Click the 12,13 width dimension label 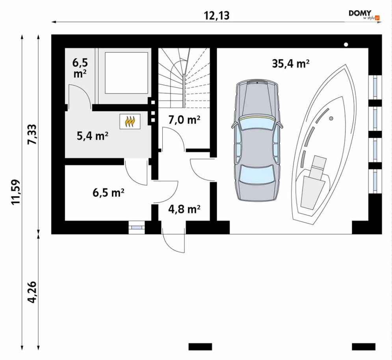pos(217,16)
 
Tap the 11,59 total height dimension pos(16,192)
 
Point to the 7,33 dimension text pos(32,134)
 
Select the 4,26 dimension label pos(32,293)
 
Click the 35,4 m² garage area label pos(291,64)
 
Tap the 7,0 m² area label pos(184,120)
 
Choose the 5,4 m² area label pos(93,136)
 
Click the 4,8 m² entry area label pos(184,209)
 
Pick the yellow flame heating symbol pos(130,121)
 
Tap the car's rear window pos(256,174)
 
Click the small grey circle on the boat pos(331,118)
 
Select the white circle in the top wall pos(346,45)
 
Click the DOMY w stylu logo pos(364,15)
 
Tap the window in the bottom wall pos(136,228)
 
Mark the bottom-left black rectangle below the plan pos(200,347)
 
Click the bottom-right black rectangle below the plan pos(364,347)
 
